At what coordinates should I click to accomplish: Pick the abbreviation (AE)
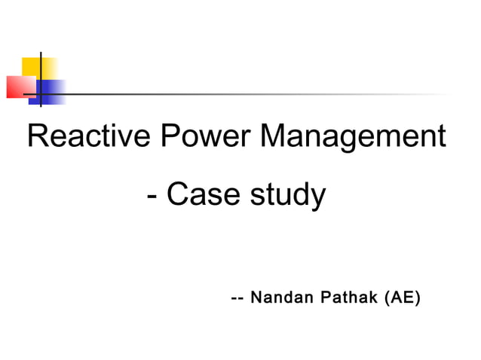402,297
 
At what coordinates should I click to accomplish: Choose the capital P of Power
170,137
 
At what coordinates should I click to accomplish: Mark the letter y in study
317,200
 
